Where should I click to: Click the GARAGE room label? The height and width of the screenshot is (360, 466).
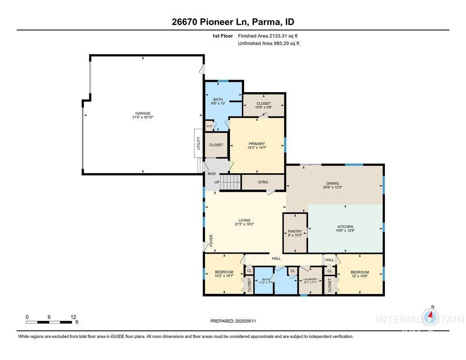click(x=143, y=113)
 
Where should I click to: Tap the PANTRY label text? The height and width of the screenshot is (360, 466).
click(x=295, y=231)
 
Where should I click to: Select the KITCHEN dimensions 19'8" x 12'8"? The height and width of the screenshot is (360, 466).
click(x=345, y=231)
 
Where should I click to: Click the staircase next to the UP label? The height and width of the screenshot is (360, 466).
click(x=231, y=182)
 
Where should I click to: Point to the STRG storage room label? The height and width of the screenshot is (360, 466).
click(x=263, y=182)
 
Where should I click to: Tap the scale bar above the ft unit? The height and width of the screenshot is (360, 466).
click(x=49, y=322)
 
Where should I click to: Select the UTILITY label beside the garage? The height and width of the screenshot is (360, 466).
click(x=198, y=143)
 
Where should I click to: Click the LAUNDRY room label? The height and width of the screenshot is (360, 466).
click(x=310, y=279)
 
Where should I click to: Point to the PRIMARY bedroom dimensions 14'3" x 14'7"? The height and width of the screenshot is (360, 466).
click(x=257, y=148)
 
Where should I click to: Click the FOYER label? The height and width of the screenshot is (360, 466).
click(x=211, y=240)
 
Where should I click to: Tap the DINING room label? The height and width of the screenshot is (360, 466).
click(x=332, y=183)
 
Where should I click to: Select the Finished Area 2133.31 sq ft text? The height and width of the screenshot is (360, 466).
click(x=268, y=36)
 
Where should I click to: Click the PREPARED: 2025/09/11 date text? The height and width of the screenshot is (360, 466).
click(x=233, y=321)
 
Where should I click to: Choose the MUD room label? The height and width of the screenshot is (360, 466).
click(x=212, y=174)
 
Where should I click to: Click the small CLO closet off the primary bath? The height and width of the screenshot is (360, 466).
click(x=209, y=126)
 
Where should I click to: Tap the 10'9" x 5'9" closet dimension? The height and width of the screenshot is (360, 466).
click(x=263, y=107)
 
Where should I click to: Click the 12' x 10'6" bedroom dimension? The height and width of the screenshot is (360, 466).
click(x=360, y=276)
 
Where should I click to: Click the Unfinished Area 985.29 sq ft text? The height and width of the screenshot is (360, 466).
click(x=268, y=43)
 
